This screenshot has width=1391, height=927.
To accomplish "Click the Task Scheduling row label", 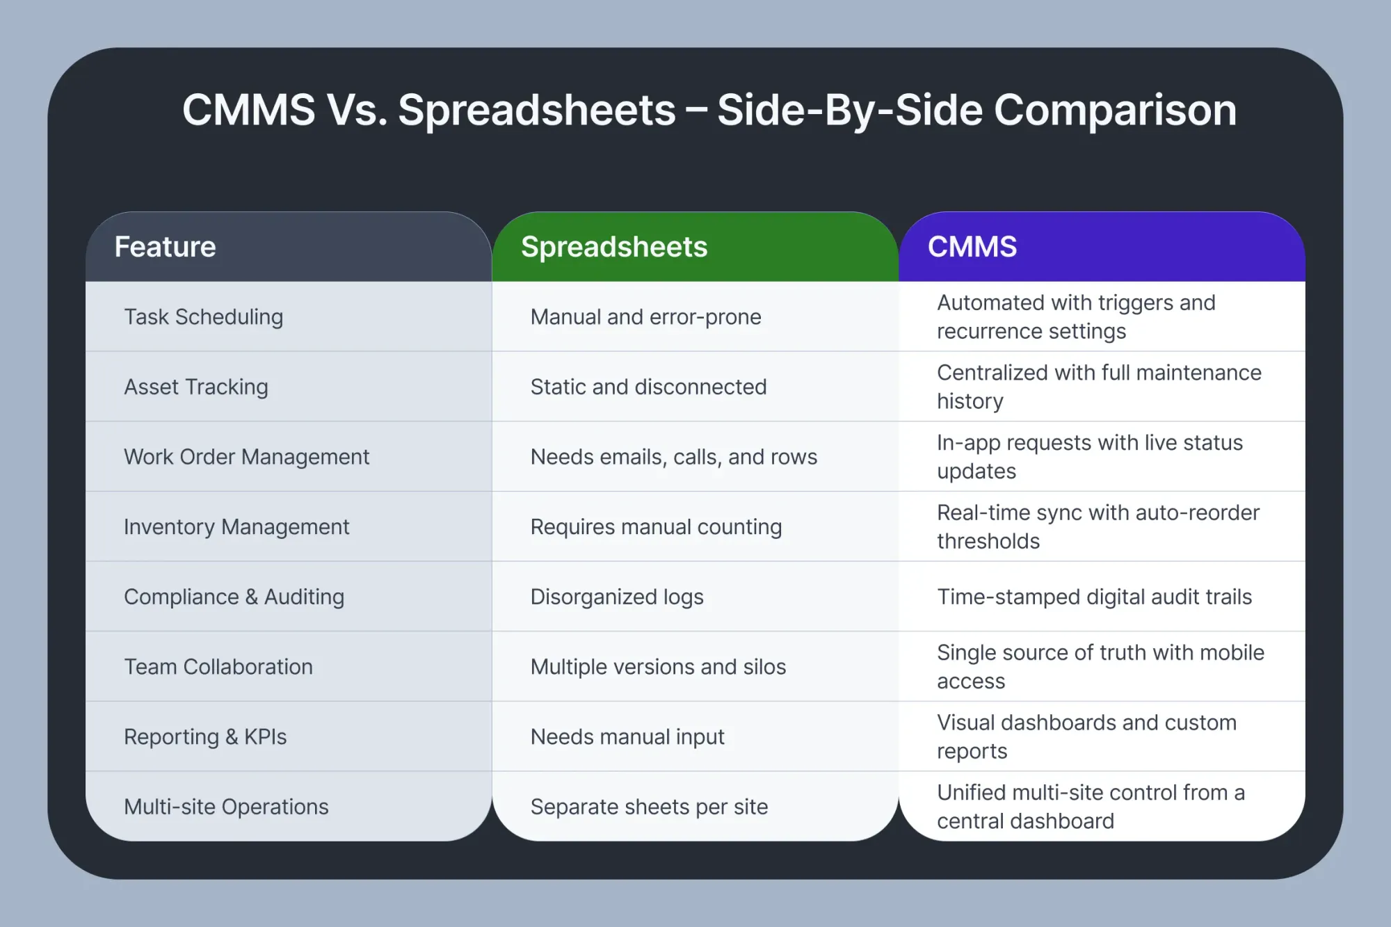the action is pos(204,317).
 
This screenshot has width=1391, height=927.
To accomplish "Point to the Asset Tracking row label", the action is pos(196,387).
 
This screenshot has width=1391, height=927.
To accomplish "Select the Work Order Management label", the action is pos(247,457).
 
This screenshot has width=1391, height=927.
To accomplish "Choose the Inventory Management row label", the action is pos(236,527).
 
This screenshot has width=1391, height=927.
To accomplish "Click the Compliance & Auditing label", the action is pos(234,597).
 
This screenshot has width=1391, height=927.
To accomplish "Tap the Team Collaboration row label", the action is pos(218,667).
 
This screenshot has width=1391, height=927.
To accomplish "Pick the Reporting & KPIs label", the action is pos(205,737).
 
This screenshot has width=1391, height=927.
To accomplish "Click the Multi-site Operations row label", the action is pos(226,807).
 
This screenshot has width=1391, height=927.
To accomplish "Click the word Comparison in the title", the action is pos(1116,111).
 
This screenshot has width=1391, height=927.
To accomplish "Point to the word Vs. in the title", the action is pos(357,110).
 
